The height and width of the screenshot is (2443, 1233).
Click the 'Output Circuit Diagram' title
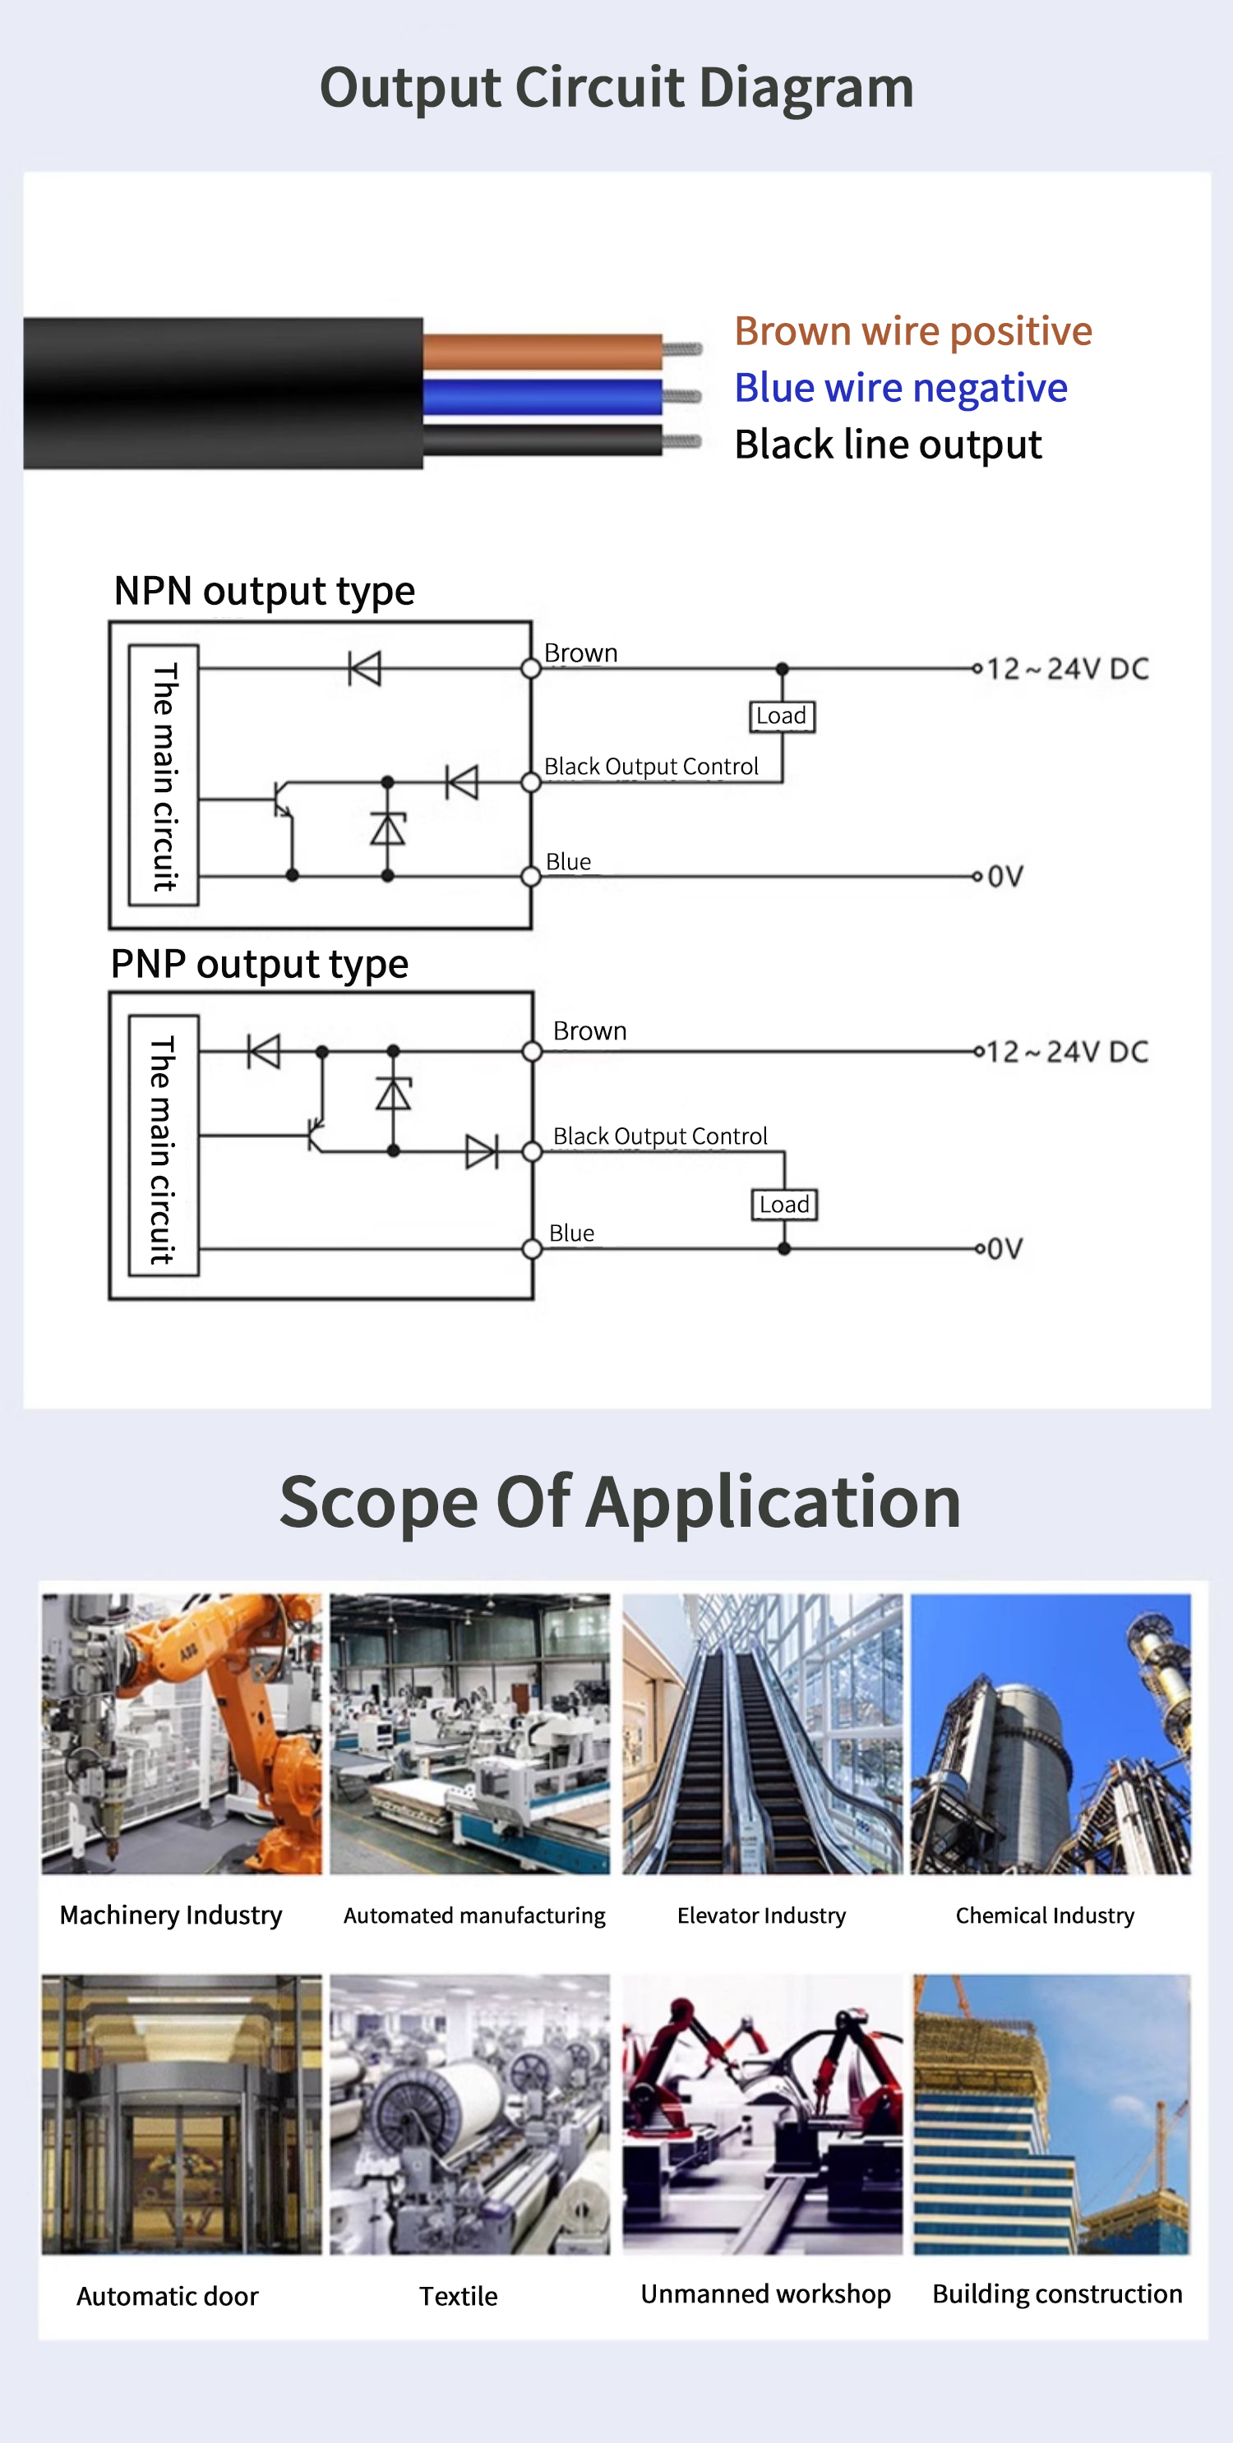pos(616,88)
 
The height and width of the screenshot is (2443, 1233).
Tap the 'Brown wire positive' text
pos(912,331)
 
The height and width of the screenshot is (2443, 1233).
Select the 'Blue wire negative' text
pos(900,388)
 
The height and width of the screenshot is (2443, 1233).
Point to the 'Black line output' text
pos(888,445)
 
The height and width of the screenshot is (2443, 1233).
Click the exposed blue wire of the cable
pos(542,396)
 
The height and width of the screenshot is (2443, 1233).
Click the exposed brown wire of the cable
pos(542,351)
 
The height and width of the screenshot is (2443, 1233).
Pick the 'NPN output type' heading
pos(264,591)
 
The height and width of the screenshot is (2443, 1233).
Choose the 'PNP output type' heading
pos(259,964)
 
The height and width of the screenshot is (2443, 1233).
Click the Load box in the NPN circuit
pos(782,716)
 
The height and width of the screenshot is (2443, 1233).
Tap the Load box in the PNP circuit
pos(784,1205)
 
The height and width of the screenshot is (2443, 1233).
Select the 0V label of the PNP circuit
pos(1004,1248)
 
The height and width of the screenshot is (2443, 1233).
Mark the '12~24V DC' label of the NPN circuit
pos(1067,669)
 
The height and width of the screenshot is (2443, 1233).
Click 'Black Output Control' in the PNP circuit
pos(660,1136)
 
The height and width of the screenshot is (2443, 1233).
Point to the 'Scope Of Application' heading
pos(621,1502)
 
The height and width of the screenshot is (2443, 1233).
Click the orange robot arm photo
pos(182,1733)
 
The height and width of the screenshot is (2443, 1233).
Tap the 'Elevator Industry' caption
pos(762,1915)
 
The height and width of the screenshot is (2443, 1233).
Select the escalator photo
pos(762,1733)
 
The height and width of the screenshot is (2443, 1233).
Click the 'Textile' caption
pos(458,2296)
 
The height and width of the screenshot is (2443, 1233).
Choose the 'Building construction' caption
pos(1058,2293)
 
